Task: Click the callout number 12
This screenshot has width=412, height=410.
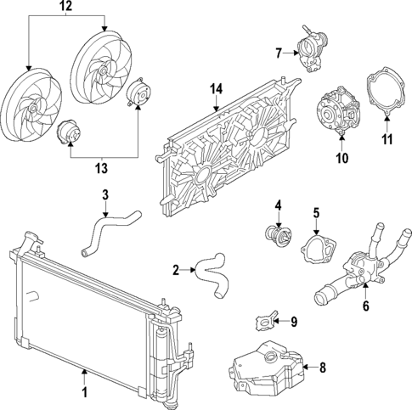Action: coord(65,7)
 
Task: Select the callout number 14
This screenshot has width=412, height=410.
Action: coord(215,89)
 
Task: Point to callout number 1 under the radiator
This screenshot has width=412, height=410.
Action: coord(84,392)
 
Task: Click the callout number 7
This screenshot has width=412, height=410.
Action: coord(279,53)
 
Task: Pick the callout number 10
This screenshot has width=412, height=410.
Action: coord(342,157)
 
